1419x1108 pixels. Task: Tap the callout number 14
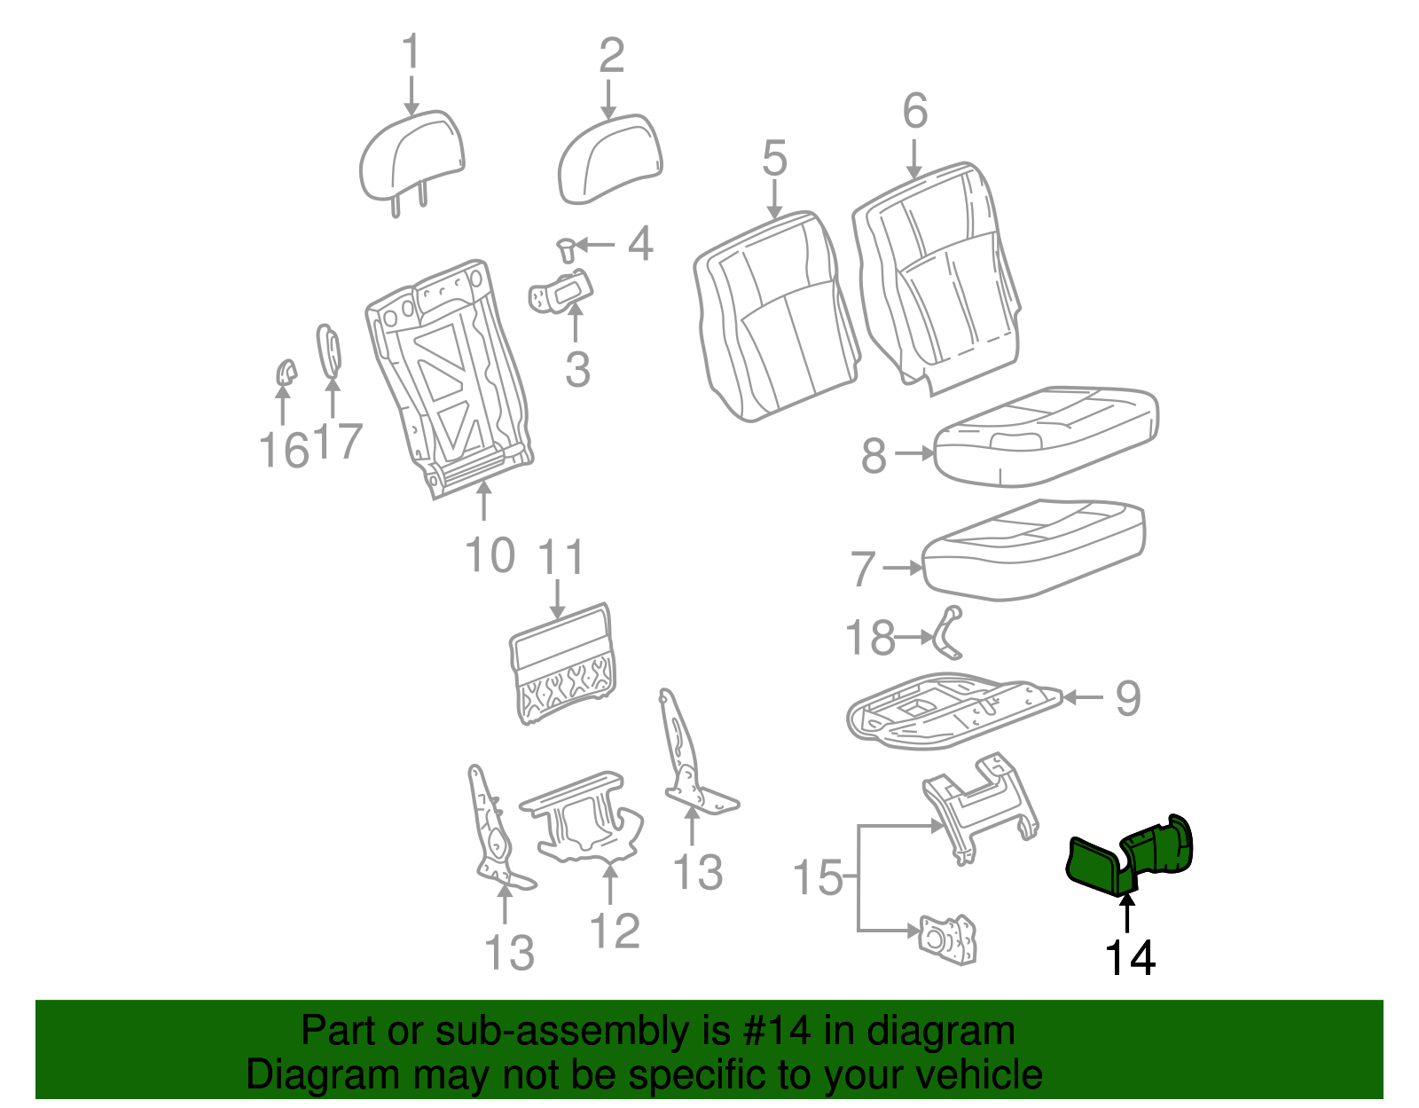pos(1130,958)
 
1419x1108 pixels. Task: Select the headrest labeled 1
pos(412,160)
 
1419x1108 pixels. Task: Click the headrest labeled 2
pos(609,159)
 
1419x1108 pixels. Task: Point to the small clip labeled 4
pos(567,251)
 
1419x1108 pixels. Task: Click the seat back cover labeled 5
pos(776,317)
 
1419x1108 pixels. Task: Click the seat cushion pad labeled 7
pos(1033,550)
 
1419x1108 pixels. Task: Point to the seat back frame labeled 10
pos(450,379)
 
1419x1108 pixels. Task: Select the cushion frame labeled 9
pos(953,711)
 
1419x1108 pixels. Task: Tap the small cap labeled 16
pos(286,373)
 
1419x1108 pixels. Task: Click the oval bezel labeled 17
pos(328,350)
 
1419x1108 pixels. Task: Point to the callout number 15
pos(818,877)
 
